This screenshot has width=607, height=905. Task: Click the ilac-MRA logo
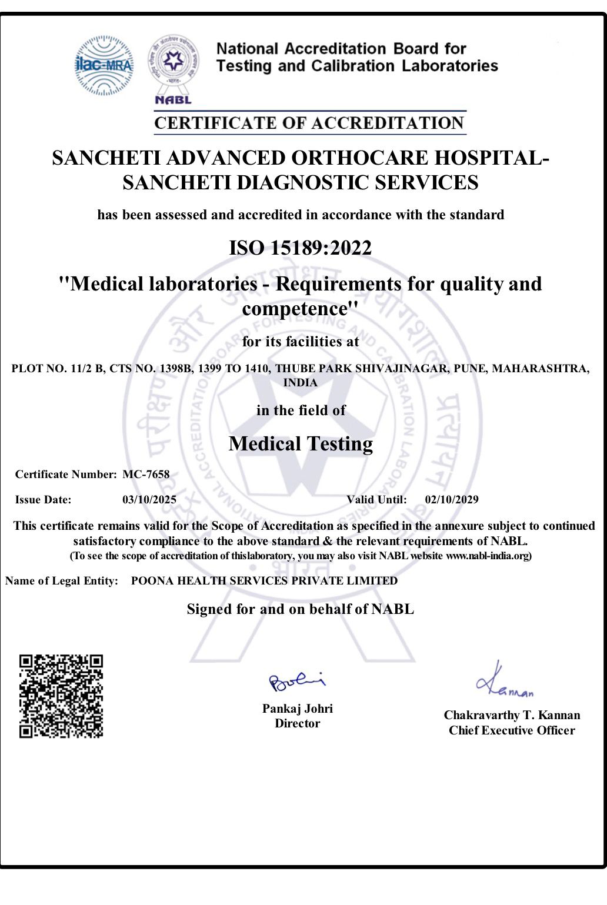[x=104, y=65]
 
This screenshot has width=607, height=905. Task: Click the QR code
[x=61, y=696]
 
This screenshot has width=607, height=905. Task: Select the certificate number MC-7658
[x=146, y=475]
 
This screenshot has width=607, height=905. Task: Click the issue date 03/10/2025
[x=149, y=500]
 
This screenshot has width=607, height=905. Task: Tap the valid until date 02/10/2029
[x=452, y=500]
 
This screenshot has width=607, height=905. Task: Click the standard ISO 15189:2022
[x=300, y=248]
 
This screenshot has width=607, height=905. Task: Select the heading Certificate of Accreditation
[x=309, y=123]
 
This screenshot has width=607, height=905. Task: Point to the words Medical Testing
[x=301, y=444]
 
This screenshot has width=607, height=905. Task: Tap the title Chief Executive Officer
[x=512, y=730]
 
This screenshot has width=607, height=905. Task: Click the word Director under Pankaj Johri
[x=298, y=724]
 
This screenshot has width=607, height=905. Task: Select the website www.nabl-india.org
[x=487, y=556]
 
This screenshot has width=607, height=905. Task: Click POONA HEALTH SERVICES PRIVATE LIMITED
[x=264, y=581]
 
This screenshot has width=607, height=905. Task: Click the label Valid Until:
[x=376, y=500]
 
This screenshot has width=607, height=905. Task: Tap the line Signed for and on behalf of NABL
[x=300, y=609]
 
